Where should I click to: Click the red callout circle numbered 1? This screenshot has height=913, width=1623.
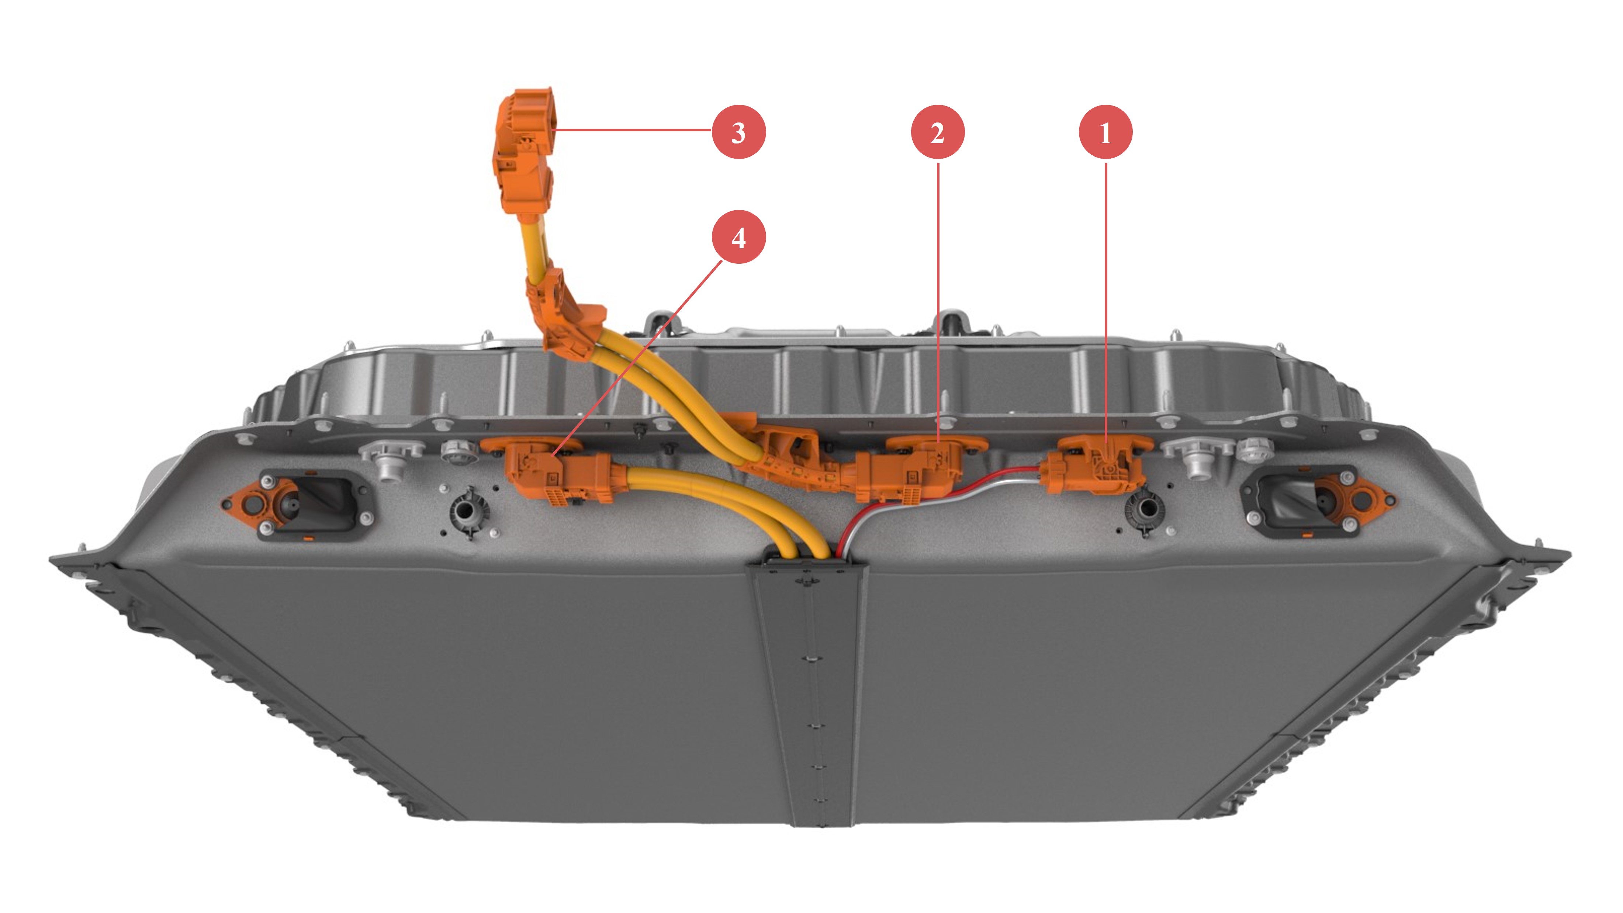(x=1105, y=132)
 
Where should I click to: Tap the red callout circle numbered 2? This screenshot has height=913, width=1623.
(x=938, y=132)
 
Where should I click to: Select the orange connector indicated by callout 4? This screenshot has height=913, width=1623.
(x=554, y=473)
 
